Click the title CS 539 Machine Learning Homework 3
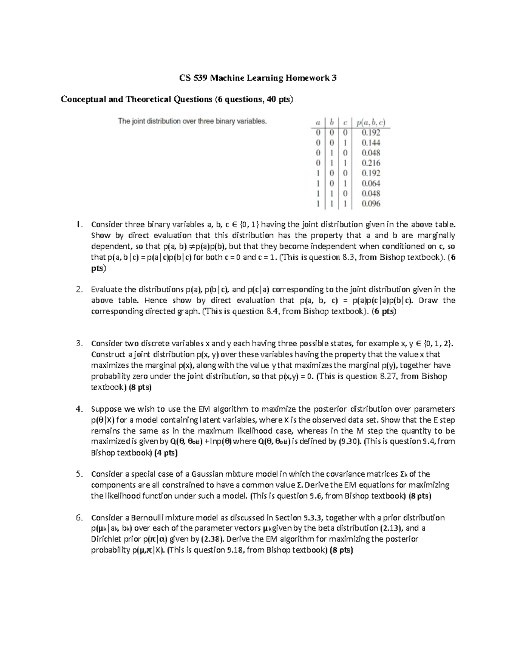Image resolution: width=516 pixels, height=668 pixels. pos(258,78)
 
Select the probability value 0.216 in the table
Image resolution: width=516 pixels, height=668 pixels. pos(371,163)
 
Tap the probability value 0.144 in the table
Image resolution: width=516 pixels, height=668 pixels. pos(371,143)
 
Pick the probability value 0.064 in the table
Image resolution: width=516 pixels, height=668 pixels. pos(371,184)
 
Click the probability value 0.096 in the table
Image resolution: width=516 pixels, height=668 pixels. pos(371,204)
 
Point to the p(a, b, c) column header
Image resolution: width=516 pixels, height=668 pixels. pos(371,122)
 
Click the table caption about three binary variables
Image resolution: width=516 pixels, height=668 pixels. pos(192,121)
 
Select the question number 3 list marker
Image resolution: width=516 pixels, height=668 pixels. pos(78,344)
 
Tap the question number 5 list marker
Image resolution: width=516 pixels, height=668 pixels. pos(78,474)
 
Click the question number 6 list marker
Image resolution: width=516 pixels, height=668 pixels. pos(78,517)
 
